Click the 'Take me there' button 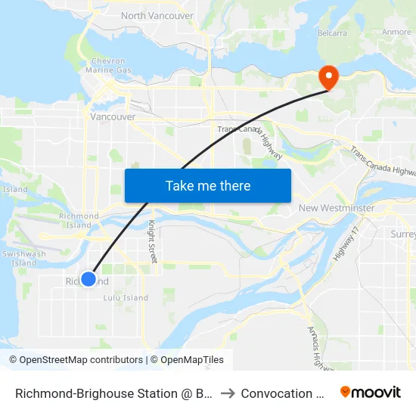click(208, 185)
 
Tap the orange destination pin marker click(329, 76)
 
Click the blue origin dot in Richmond click(88, 279)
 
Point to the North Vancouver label click(157, 15)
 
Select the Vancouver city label click(113, 117)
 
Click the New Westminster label click(337, 208)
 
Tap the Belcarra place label click(333, 33)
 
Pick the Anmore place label click(396, 33)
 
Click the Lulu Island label click(126, 298)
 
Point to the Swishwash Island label click(23, 259)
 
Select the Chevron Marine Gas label click(112, 66)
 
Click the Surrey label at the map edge click(404, 234)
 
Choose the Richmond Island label click(79, 221)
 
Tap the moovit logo click(371, 392)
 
